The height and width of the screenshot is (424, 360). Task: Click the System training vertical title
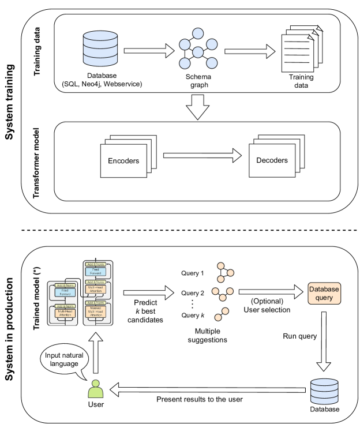11,110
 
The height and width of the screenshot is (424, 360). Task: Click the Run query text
297,335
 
